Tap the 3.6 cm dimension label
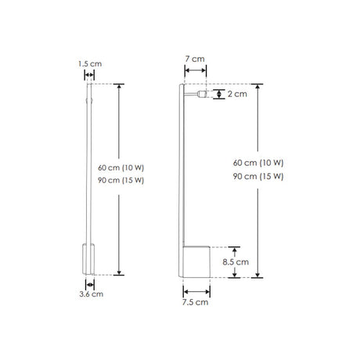91,294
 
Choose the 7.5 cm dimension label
196,301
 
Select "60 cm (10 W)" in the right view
258,163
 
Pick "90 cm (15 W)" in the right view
258,177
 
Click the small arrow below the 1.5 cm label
89,75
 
